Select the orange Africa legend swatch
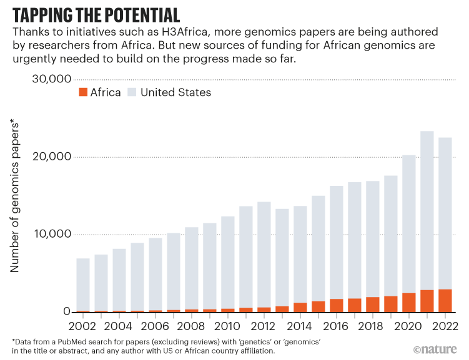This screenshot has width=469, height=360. pos(82,92)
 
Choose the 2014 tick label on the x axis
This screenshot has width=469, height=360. pos(300,325)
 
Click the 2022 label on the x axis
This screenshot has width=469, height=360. pos(445,325)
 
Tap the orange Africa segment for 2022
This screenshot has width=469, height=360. pos(445,301)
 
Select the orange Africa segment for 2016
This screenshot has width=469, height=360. pos(337,306)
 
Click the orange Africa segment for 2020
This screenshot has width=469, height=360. pos(409,303)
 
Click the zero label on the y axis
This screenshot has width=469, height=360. pos(64,312)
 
